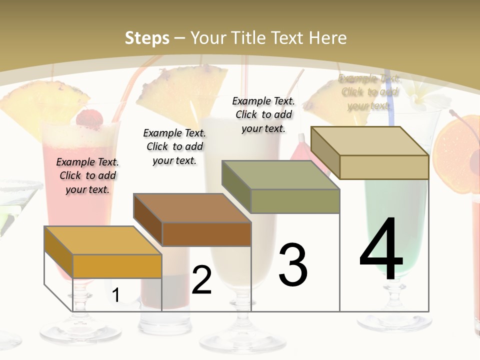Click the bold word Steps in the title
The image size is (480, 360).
(147, 38)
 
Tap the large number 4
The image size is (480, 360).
(381, 250)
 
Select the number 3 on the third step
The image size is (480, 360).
(293, 265)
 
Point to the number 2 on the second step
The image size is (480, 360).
(201, 280)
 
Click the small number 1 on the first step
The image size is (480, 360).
(115, 295)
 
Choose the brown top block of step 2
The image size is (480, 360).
(192, 220)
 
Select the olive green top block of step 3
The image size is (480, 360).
(281, 187)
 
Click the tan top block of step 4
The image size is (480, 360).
(370, 152)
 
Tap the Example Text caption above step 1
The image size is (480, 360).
(87, 175)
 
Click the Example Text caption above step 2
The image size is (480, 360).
(174, 146)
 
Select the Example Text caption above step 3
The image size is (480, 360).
(263, 114)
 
